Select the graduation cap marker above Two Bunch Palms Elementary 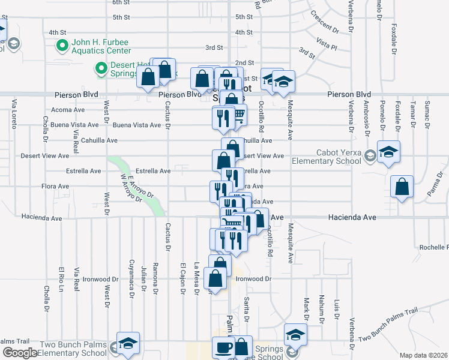[x=128, y=344]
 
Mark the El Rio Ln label [x=61, y=277]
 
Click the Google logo [x=20, y=353]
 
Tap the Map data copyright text [x=424, y=355]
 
